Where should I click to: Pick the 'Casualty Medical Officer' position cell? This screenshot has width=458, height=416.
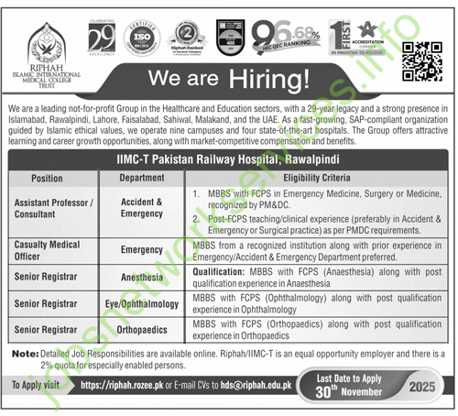(46, 251)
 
